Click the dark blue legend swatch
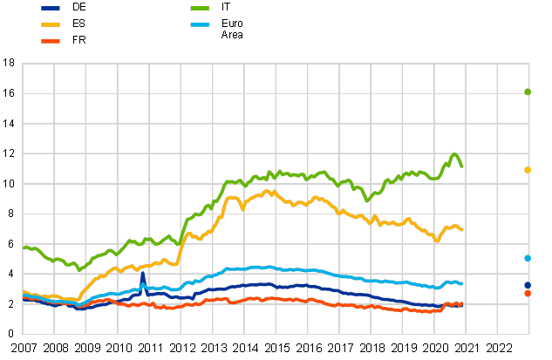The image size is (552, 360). pyautogui.click(x=51, y=8)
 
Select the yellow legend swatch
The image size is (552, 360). pyautogui.click(x=51, y=24)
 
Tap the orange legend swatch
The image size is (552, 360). pyautogui.click(x=51, y=41)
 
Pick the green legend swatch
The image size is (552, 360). pyautogui.click(x=200, y=8)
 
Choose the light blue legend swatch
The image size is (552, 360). pyautogui.click(x=200, y=24)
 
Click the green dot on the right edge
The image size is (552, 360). pyautogui.click(x=528, y=92)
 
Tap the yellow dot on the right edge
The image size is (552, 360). pyautogui.click(x=528, y=170)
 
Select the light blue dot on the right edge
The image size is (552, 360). pyautogui.click(x=528, y=258)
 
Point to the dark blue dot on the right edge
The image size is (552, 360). pyautogui.click(x=528, y=285)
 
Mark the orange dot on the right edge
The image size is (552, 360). pyautogui.click(x=528, y=294)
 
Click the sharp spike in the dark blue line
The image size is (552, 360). pyautogui.click(x=142, y=274)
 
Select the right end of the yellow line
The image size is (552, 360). pyautogui.click(x=462, y=230)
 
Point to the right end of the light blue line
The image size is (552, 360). pyautogui.click(x=462, y=284)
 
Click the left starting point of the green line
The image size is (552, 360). pyautogui.click(x=24, y=248)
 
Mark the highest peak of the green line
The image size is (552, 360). pyautogui.click(x=454, y=154)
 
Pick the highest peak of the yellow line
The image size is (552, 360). pyautogui.click(x=269, y=191)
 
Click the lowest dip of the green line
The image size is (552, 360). pyautogui.click(x=78, y=270)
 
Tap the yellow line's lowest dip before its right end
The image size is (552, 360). pyautogui.click(x=437, y=241)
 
